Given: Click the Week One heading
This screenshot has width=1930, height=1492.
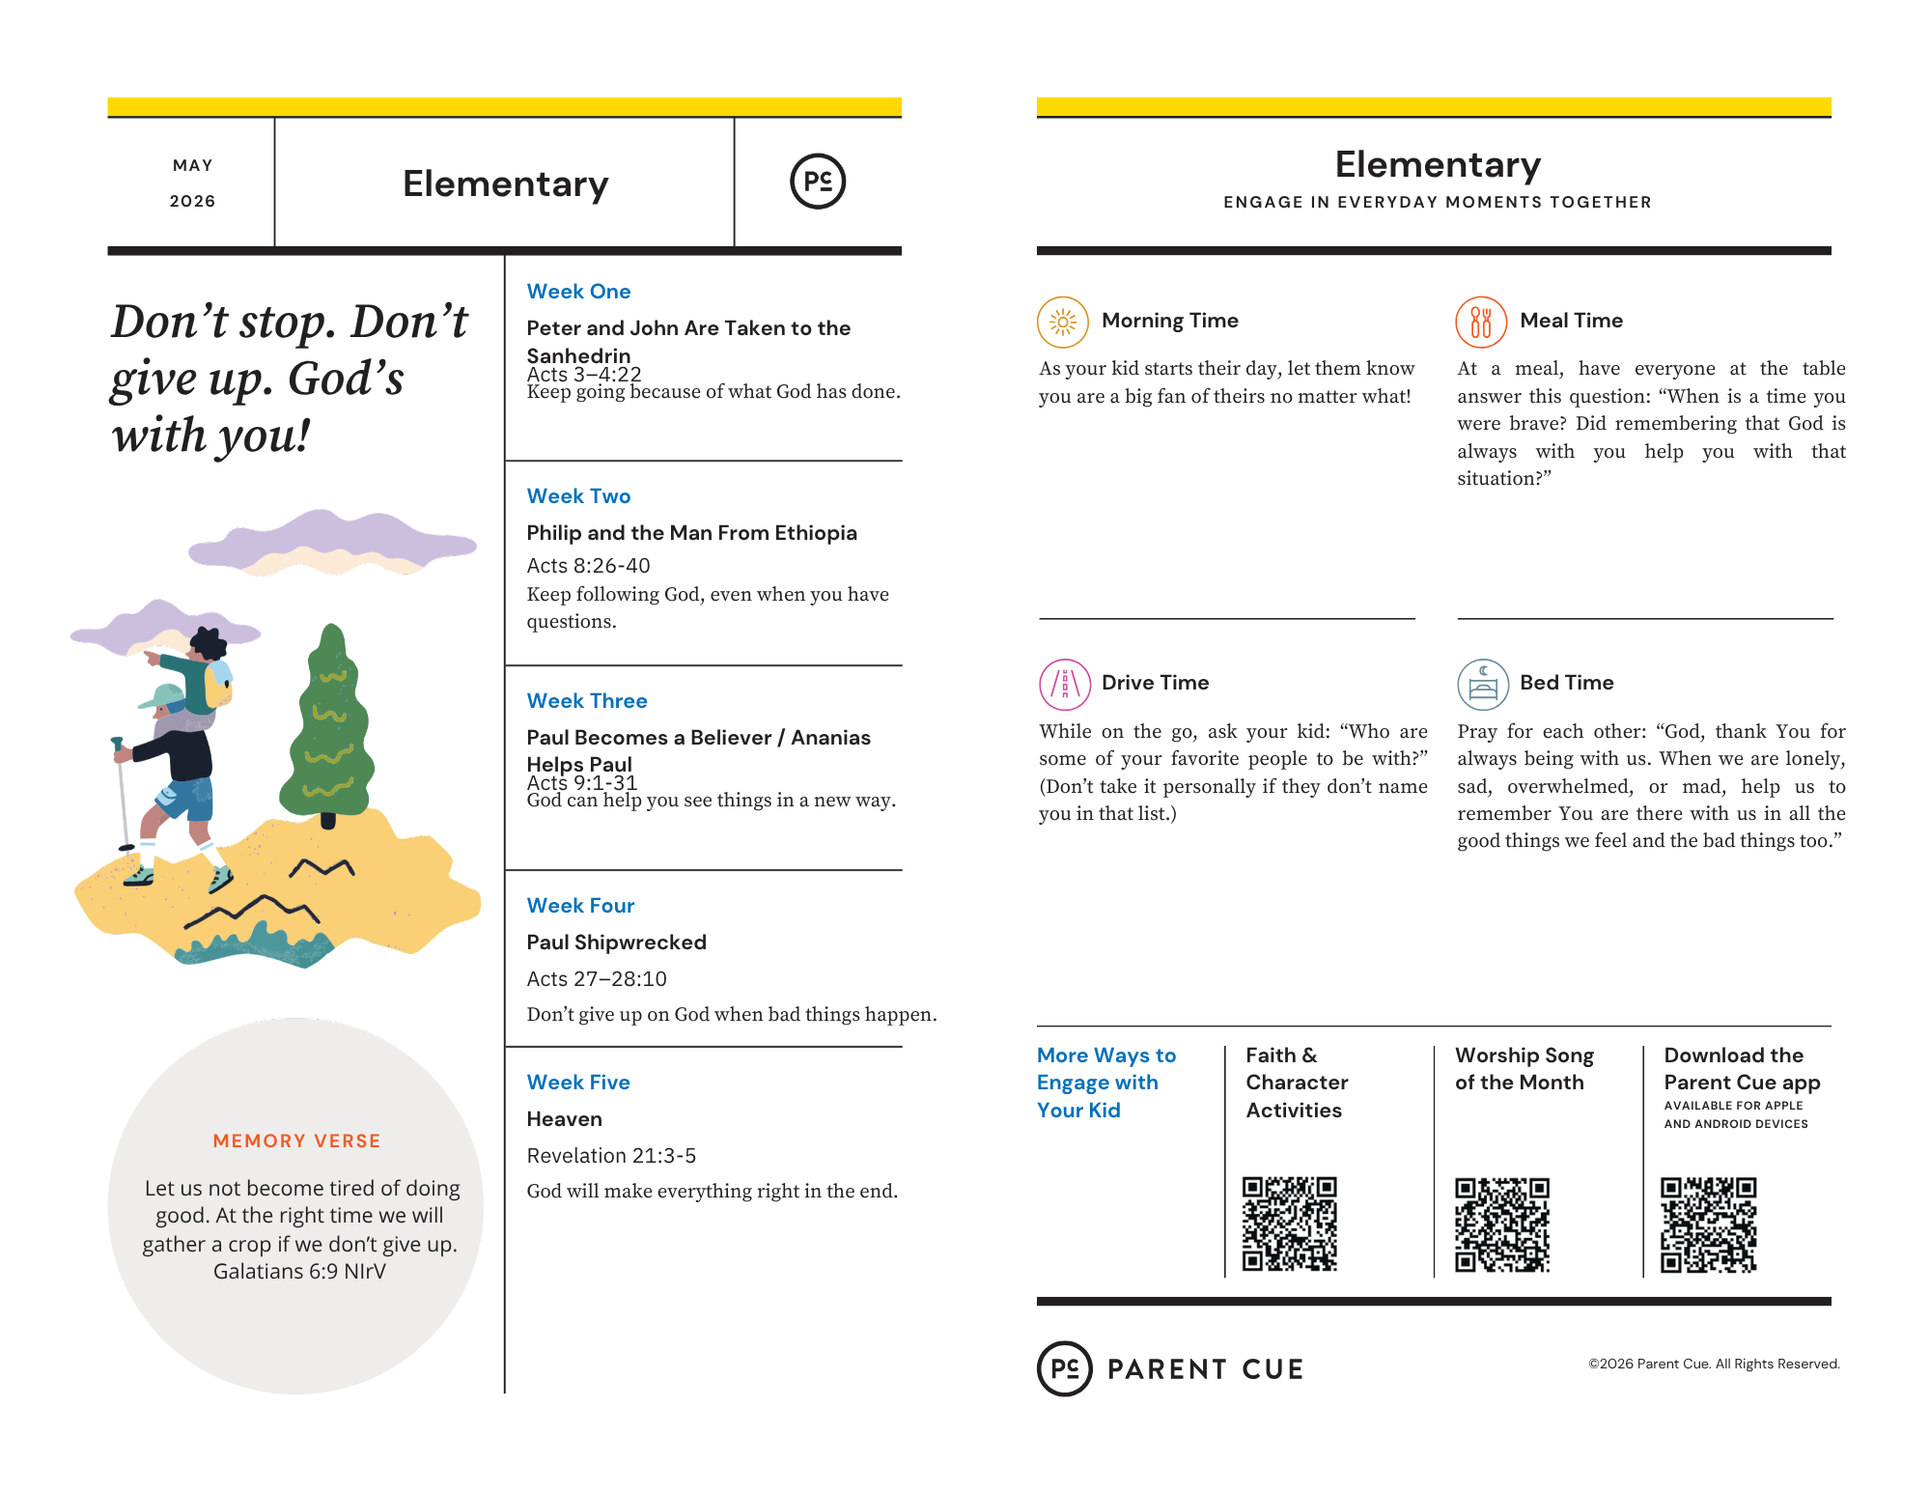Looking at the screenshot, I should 578,292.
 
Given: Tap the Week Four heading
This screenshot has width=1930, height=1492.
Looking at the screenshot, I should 580,906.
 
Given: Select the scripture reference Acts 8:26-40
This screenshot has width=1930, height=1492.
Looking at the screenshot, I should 588,566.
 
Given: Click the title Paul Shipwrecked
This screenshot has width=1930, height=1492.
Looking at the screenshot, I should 616,943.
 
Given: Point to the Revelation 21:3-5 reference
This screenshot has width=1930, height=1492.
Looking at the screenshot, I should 611,1156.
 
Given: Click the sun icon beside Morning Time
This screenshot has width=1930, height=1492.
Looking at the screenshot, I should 1062,322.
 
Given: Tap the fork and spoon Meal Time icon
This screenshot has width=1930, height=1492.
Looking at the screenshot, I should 1480,322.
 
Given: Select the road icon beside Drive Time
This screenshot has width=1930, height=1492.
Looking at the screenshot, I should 1064,684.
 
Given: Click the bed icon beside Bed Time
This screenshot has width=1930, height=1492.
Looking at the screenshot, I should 1482,684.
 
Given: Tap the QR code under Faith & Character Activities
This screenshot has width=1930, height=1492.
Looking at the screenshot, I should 1289,1224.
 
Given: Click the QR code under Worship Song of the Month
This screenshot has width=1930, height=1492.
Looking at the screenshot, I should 1501,1224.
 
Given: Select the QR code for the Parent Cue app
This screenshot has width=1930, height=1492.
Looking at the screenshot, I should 1708,1224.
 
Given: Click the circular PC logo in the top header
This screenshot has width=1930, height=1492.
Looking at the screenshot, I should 818,182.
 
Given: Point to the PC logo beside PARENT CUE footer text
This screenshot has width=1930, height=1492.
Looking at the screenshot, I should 1064,1368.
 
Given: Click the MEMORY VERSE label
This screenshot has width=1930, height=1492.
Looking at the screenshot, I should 296,1141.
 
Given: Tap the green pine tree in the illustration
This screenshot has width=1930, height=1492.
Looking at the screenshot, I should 328,724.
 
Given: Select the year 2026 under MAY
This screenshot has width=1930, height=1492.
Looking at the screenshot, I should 192,202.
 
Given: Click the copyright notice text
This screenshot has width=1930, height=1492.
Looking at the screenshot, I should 1714,1364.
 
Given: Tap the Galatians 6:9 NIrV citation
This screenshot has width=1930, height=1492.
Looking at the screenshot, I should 299,1272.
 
